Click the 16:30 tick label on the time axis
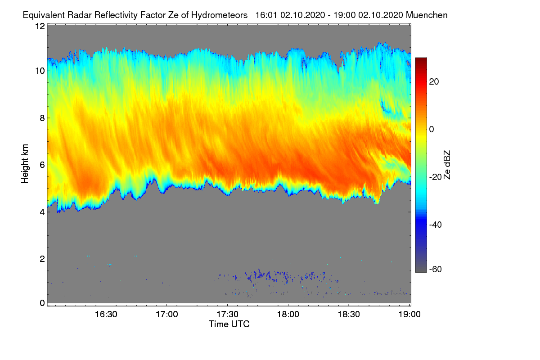(106, 315)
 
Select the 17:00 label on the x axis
(167, 315)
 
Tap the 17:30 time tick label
(227, 315)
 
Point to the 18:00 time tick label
(288, 315)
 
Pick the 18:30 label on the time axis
(349, 315)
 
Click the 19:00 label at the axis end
(409, 315)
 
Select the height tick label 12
(40, 26)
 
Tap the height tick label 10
(40, 71)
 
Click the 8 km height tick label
(42, 118)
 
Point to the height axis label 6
(42, 165)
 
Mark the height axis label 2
(42, 259)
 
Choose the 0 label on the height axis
(42, 303)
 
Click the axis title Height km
(25, 164)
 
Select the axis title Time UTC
(229, 324)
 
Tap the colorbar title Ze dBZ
(447, 165)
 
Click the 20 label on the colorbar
(434, 82)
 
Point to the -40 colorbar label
(436, 225)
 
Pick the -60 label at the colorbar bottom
(436, 270)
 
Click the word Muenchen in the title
(427, 15)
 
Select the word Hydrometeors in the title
(220, 15)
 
